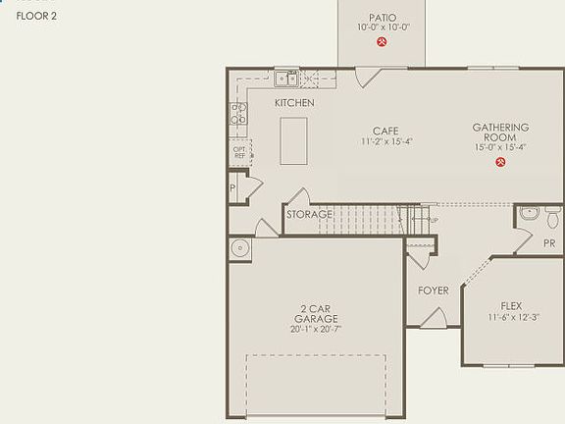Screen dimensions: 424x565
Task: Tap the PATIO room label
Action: (x=383, y=18)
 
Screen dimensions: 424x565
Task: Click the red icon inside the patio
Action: (x=383, y=43)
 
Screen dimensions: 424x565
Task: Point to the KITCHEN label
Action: (x=294, y=103)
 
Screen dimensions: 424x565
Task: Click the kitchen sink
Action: (x=286, y=79)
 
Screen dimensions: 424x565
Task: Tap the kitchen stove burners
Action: (x=237, y=114)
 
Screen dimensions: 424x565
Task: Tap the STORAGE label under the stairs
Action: (x=309, y=214)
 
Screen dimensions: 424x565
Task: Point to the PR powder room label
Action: (x=549, y=241)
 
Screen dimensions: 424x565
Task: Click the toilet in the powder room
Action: (x=528, y=213)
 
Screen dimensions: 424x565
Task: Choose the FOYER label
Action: (x=433, y=291)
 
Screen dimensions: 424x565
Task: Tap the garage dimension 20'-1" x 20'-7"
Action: (x=315, y=330)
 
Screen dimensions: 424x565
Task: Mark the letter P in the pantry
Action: (x=232, y=188)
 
